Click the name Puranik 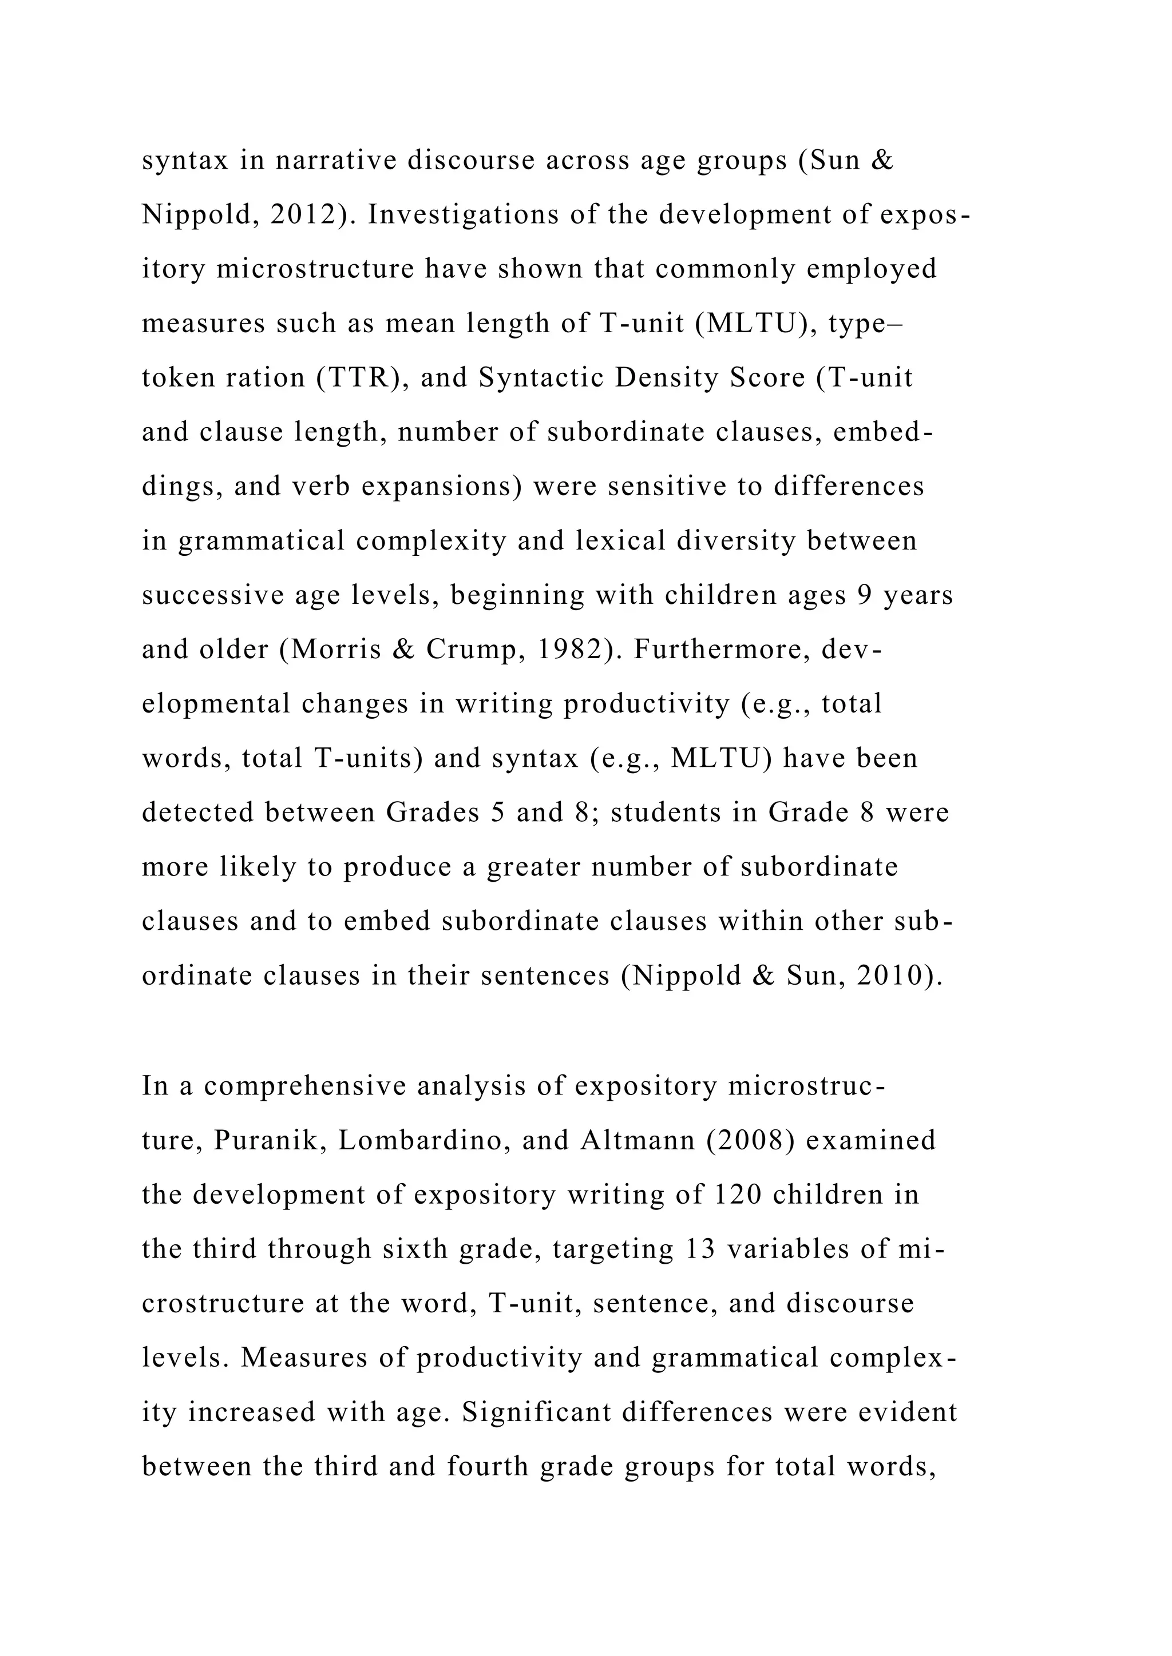pyautogui.click(x=271, y=1140)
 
